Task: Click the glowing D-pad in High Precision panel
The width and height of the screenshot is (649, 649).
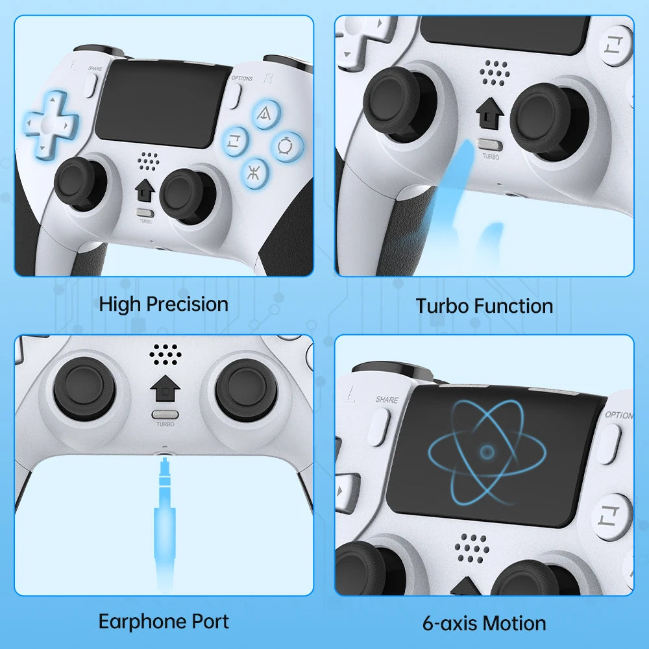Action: (51, 123)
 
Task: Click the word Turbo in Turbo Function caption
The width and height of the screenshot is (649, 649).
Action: (441, 306)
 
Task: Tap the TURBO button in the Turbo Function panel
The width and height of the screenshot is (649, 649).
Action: (490, 145)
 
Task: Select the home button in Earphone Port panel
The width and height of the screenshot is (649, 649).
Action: (165, 388)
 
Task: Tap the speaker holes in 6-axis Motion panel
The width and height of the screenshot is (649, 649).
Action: (472, 548)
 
